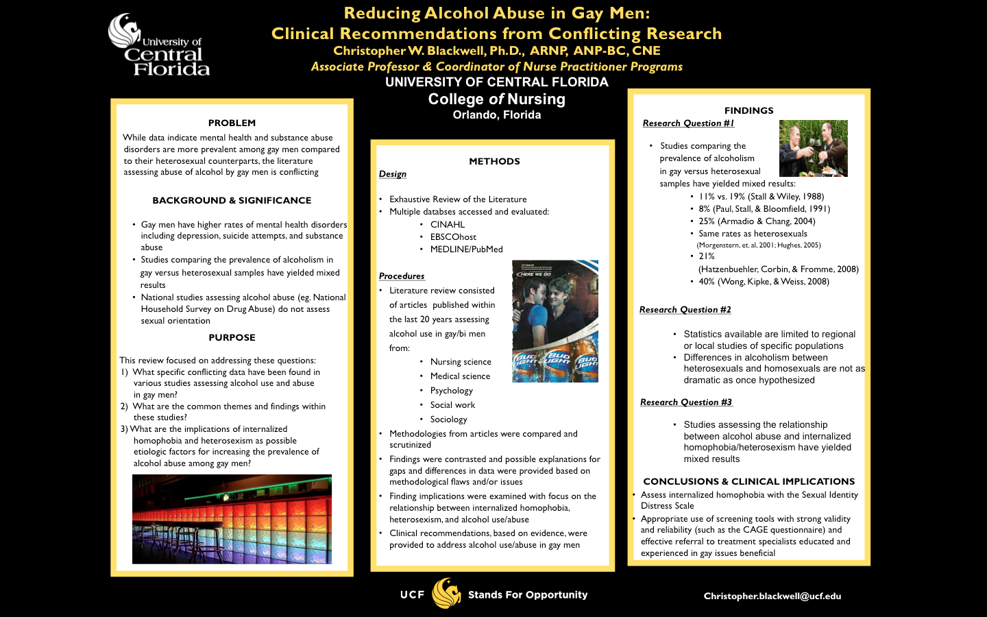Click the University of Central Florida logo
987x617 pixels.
[x=159, y=46]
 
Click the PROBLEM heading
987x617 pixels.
[x=232, y=123]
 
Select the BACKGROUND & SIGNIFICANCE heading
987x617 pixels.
[x=232, y=200]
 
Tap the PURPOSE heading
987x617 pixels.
[x=232, y=337]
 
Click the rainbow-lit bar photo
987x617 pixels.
[x=232, y=519]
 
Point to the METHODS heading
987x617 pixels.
[x=494, y=161]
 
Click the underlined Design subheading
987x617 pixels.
[x=393, y=174]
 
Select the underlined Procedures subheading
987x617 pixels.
[x=402, y=276]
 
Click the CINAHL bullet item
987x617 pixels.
[x=447, y=224]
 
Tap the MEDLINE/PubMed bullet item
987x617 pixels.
[x=466, y=249]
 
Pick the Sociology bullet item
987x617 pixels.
[x=448, y=419]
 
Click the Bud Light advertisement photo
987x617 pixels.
[x=555, y=321]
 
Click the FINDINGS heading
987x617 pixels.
[x=748, y=110]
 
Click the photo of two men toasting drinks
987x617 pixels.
[x=813, y=148]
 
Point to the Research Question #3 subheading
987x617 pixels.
[x=685, y=402]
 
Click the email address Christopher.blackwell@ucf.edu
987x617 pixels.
[x=772, y=596]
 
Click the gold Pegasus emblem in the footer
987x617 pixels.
[x=446, y=594]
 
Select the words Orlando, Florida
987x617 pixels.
[x=497, y=115]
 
